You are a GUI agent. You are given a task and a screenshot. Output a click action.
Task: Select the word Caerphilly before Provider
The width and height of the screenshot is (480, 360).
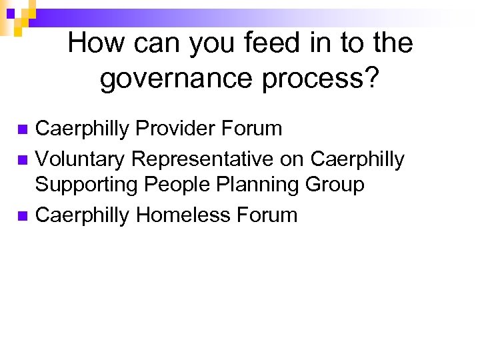click(x=83, y=128)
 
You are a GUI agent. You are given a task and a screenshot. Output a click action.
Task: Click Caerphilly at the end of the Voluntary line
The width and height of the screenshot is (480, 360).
click(x=357, y=160)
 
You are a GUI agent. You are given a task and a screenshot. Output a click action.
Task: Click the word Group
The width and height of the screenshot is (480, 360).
click(x=334, y=185)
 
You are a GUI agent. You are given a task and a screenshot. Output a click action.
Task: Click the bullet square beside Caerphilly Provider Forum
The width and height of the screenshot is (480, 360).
click(x=22, y=129)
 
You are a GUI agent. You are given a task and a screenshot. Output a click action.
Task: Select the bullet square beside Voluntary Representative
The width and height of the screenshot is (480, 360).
click(x=22, y=160)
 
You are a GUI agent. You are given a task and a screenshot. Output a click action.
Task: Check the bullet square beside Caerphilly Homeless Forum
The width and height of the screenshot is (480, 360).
click(x=22, y=215)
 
